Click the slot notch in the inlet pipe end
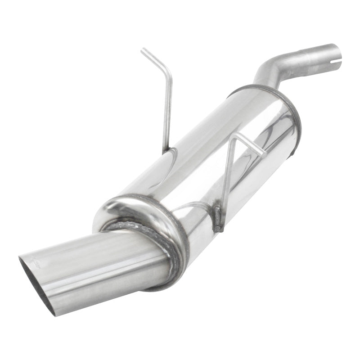click(x=338, y=56)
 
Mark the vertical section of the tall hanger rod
click(x=168, y=112)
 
